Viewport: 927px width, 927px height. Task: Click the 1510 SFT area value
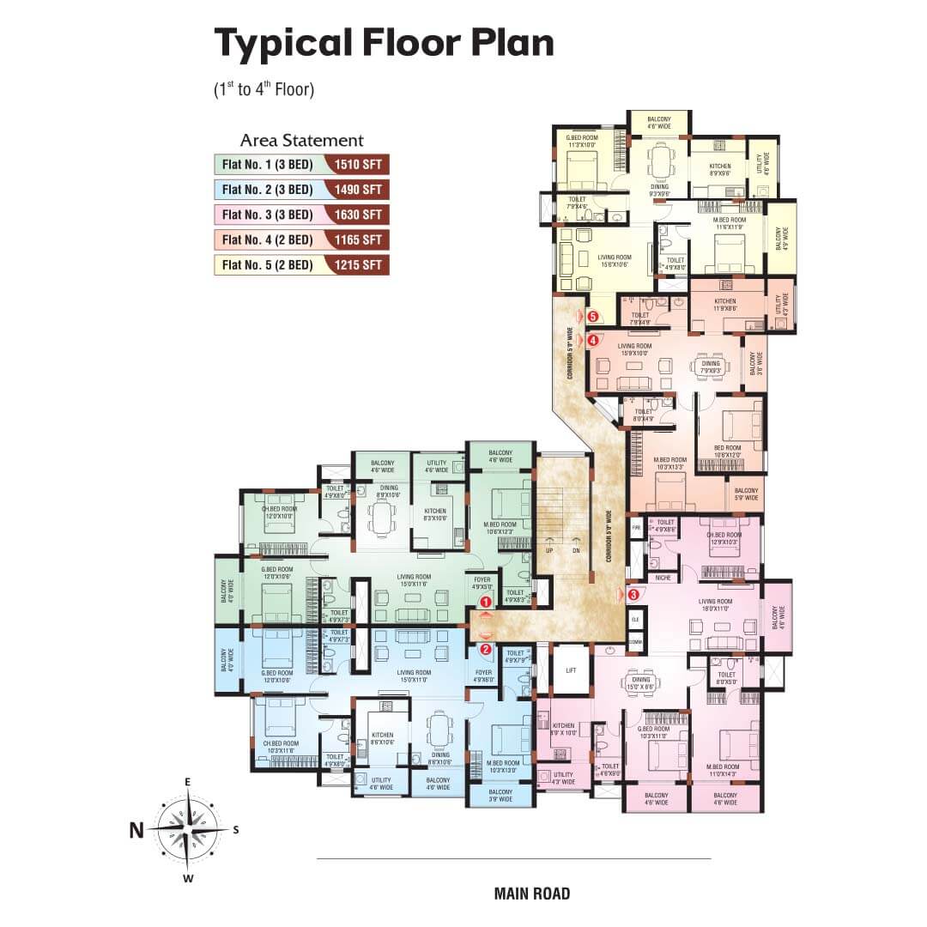[359, 165]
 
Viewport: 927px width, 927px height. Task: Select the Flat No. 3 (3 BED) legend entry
[267, 215]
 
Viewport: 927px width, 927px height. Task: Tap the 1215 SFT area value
[359, 264]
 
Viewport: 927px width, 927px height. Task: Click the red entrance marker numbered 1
[486, 603]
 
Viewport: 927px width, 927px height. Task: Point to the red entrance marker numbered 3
[633, 593]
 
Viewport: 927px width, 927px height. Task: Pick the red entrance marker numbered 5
[592, 317]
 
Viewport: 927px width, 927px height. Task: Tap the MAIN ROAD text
[532, 894]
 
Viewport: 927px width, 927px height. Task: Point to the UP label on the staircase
[548, 550]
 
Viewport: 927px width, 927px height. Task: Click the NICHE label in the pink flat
[662, 578]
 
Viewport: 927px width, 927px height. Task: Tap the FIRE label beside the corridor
[636, 523]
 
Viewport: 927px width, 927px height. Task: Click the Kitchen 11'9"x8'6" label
[725, 306]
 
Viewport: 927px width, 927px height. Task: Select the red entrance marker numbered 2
[486, 650]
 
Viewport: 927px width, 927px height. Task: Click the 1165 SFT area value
[359, 239]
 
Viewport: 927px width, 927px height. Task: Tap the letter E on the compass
[186, 782]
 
